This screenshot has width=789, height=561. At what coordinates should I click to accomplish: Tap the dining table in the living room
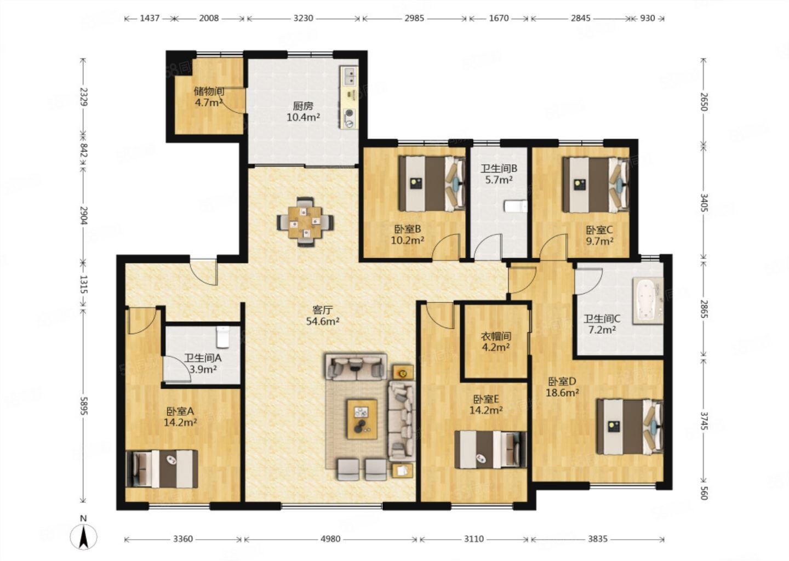(305, 222)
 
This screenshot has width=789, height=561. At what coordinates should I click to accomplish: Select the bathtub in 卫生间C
(648, 300)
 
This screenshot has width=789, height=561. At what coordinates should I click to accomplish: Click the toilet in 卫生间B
(516, 207)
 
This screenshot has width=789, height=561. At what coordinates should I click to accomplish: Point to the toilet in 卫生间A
(223, 337)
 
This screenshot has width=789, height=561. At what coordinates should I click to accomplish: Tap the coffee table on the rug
(362, 419)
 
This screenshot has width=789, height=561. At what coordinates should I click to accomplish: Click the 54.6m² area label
(323, 321)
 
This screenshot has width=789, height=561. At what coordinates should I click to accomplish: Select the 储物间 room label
(209, 91)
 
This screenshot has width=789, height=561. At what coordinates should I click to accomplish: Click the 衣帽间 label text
(496, 336)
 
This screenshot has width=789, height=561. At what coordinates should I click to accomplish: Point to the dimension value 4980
(331, 539)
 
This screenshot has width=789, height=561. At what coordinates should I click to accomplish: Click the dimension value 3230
(304, 18)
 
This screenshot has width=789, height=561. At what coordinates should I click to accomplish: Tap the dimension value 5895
(83, 406)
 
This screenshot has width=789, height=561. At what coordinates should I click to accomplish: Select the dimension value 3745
(704, 421)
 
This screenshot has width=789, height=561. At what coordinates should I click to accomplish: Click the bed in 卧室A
(162, 469)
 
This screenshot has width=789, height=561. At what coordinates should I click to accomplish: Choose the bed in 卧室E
(491, 450)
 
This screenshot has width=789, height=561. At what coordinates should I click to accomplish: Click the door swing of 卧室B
(446, 247)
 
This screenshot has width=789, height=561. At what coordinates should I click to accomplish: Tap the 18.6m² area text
(562, 392)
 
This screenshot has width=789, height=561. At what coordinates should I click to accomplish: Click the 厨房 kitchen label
(303, 106)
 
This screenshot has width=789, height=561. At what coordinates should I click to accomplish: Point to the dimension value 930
(648, 18)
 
